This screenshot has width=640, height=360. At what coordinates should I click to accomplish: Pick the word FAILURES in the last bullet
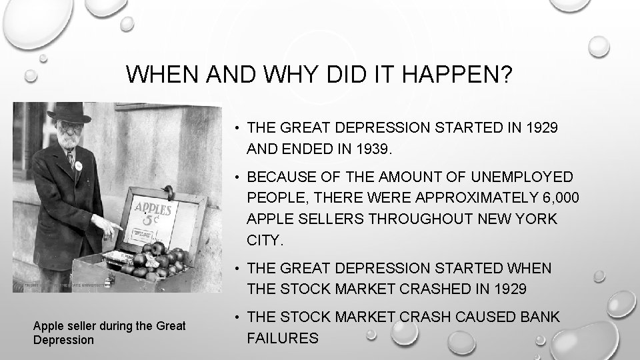(283, 339)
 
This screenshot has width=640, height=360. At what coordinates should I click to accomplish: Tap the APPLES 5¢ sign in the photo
(154, 214)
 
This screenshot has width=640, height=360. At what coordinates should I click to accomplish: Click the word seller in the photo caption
(80, 327)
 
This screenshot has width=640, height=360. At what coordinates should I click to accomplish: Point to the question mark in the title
(506, 75)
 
